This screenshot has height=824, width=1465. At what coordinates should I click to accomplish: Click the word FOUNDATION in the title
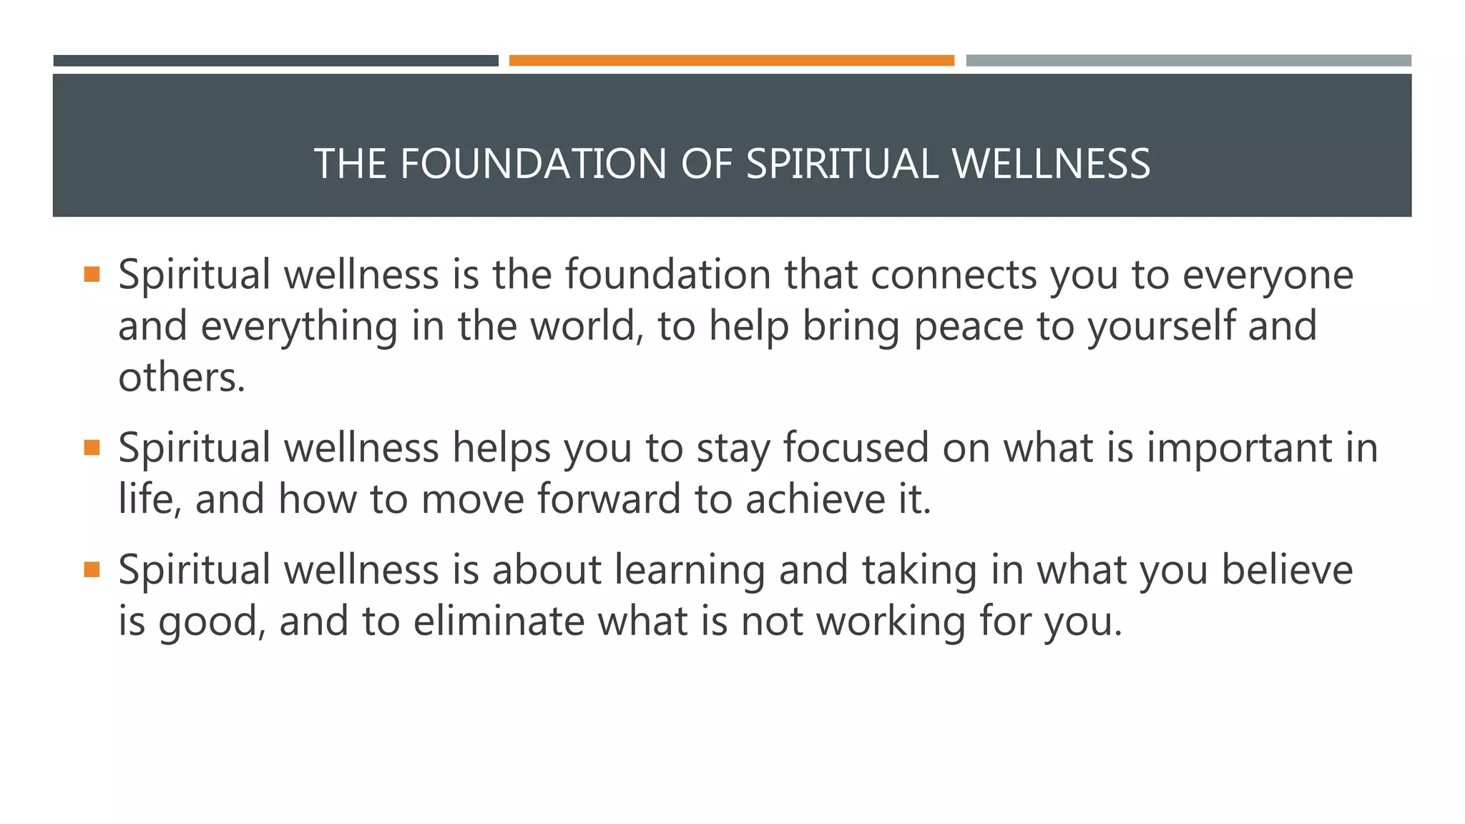pos(533,164)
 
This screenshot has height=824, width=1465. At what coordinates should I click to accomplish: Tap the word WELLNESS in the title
pos(1051,164)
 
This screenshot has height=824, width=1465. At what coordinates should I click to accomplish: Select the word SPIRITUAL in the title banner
pos(841,164)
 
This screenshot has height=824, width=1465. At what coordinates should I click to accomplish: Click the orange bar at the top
pos(731,61)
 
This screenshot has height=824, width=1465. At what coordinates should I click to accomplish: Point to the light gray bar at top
pos(1188,61)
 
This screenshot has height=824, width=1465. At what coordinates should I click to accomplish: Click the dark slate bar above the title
pos(275,61)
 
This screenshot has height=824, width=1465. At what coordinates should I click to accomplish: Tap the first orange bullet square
pos(92,274)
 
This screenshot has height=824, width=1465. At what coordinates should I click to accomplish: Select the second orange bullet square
pos(92,448)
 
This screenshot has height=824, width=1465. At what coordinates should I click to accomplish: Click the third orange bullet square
pos(92,569)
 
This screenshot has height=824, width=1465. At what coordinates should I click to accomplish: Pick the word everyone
pos(1268,275)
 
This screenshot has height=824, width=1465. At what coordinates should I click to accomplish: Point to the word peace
pos(969,326)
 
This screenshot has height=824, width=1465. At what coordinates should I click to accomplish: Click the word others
pos(181,378)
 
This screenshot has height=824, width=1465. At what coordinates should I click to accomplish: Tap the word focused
pos(856,448)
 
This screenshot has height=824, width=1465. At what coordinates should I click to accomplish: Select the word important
pos(1236,448)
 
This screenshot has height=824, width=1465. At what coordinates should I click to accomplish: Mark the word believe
pos(1286,570)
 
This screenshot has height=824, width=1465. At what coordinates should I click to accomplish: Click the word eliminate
pos(499,621)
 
